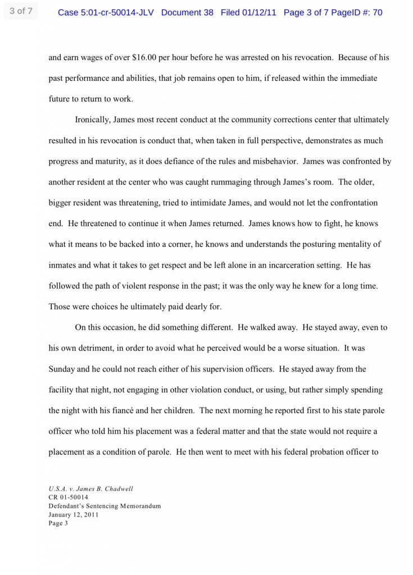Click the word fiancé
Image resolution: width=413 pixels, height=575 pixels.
179,410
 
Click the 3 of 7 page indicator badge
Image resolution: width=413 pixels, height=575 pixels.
21,11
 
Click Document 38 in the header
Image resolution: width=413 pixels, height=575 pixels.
187,12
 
